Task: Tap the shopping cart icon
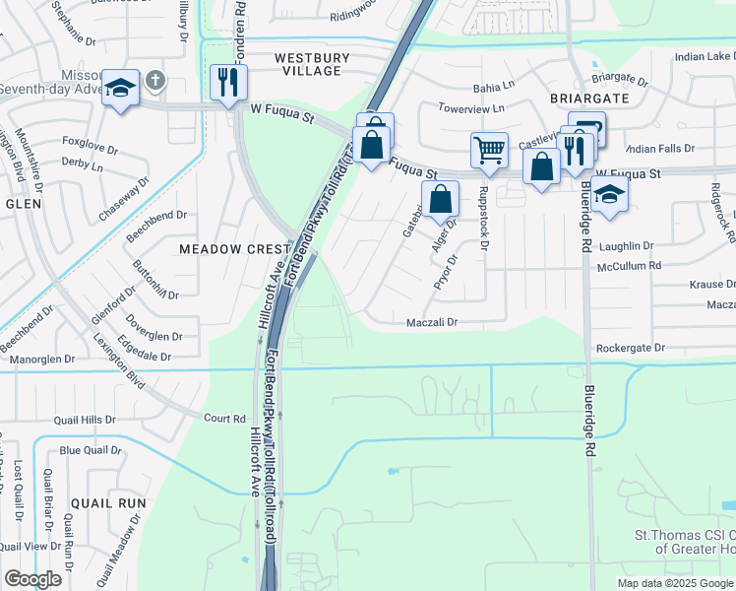(489, 150)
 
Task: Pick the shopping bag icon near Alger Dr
(441, 198)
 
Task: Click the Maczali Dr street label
(433, 322)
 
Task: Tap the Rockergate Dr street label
(631, 348)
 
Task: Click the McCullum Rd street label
(629, 265)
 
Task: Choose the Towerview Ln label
(471, 107)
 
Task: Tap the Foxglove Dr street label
(90, 141)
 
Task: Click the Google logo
(32, 579)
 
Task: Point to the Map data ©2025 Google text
(675, 583)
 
